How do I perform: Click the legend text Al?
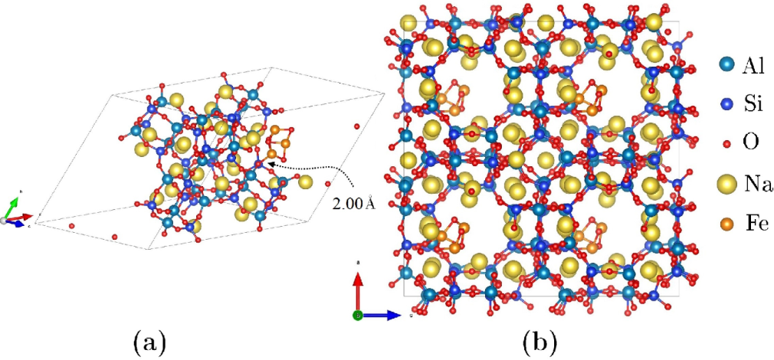[x=753, y=66]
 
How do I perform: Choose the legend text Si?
[x=751, y=105]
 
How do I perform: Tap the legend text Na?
[x=756, y=185]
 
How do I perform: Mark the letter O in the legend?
[x=749, y=145]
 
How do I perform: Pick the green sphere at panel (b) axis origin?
[x=357, y=315]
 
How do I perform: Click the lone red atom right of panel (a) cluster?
[x=356, y=126]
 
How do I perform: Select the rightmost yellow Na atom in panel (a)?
[x=306, y=182]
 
